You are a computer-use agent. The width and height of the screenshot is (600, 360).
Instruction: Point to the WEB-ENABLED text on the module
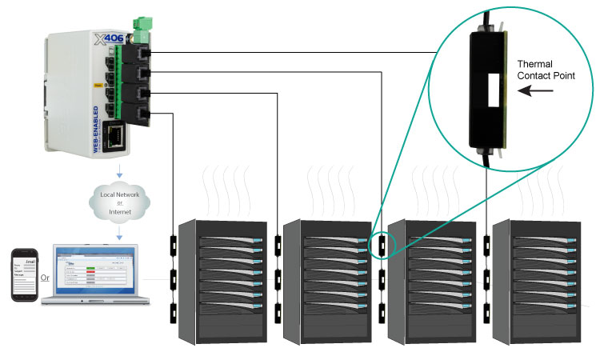pos(96,128)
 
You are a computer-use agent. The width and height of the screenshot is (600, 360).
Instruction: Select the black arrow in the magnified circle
pos(530,93)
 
